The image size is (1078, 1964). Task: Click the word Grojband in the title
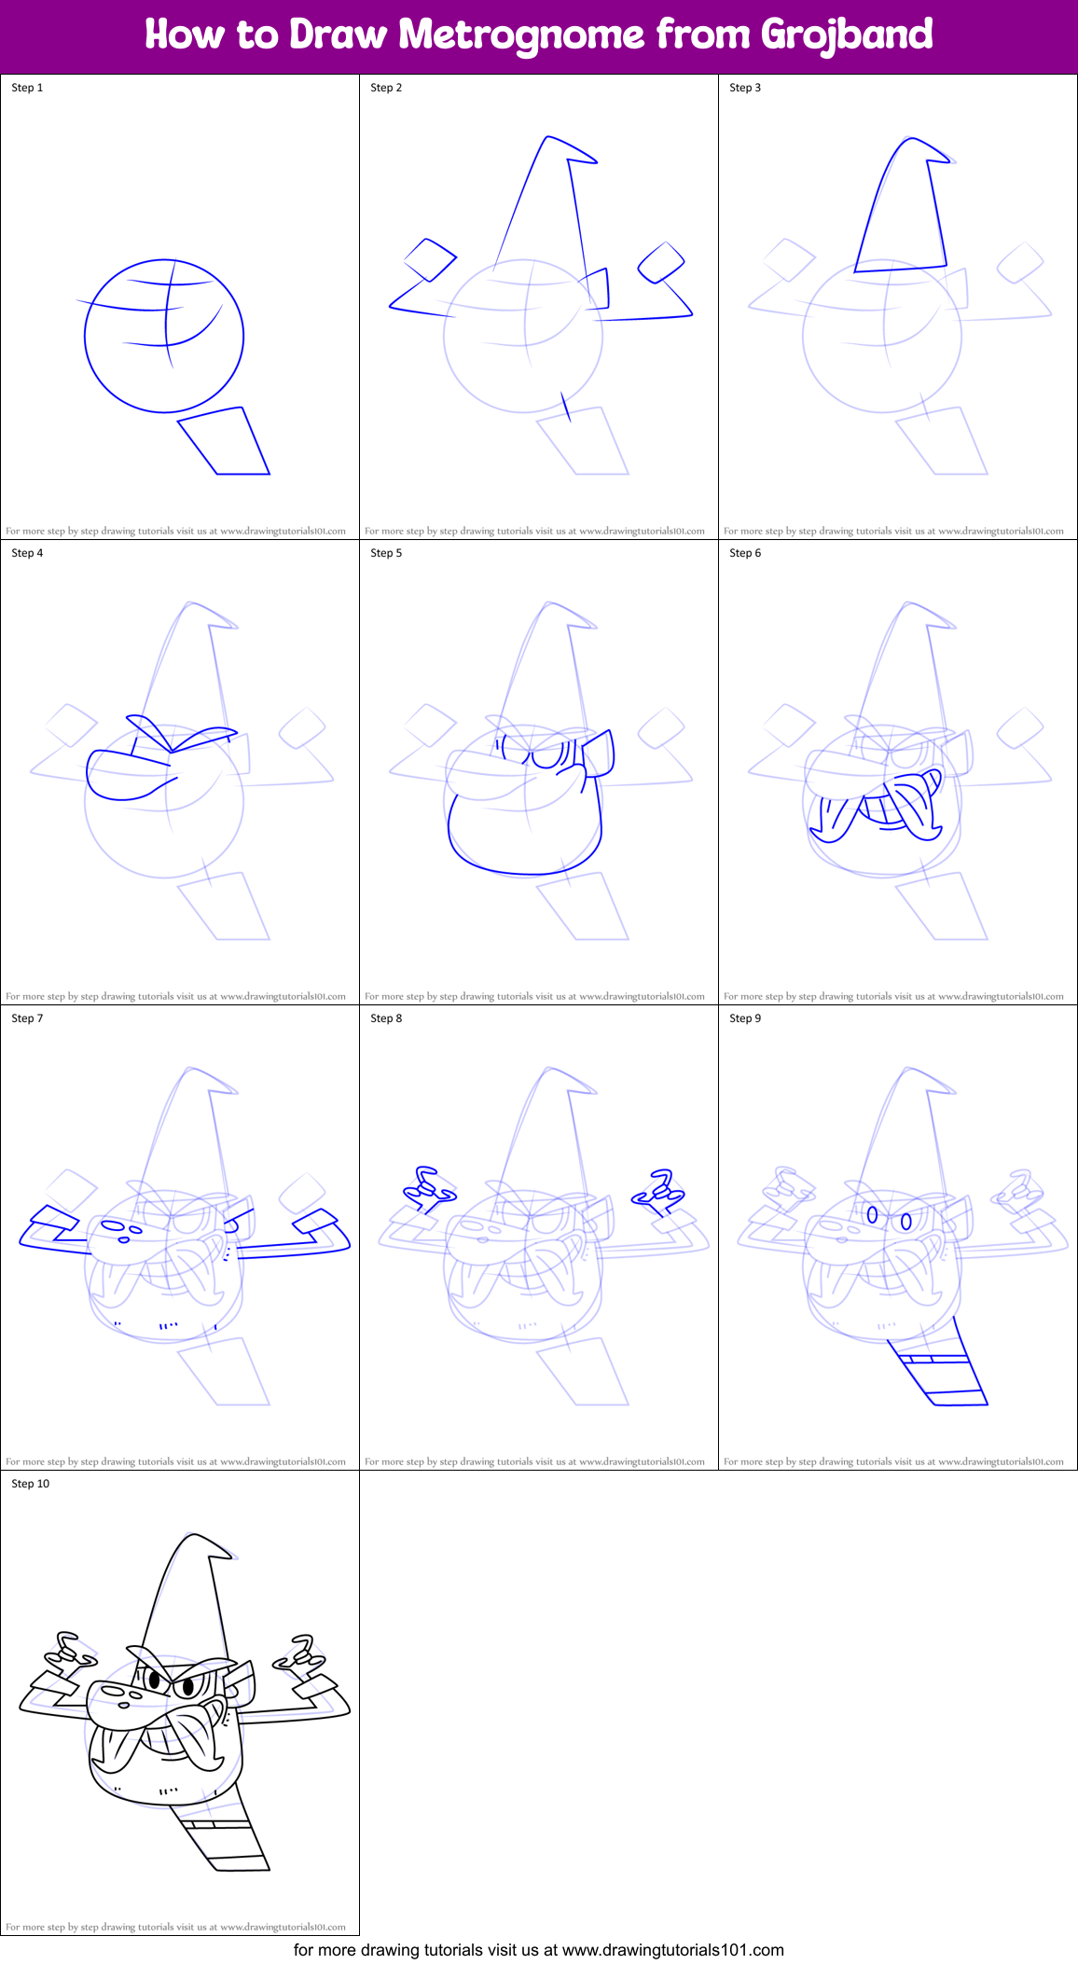(846, 35)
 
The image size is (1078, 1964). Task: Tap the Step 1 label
(27, 88)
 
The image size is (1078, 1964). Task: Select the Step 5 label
(386, 553)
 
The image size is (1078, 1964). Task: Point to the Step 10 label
(30, 1484)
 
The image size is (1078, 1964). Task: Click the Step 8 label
(386, 1018)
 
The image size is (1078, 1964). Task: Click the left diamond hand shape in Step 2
(430, 259)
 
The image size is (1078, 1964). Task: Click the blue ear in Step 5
(599, 754)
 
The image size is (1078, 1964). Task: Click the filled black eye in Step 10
(187, 1686)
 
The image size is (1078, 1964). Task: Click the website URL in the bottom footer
(672, 1949)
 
